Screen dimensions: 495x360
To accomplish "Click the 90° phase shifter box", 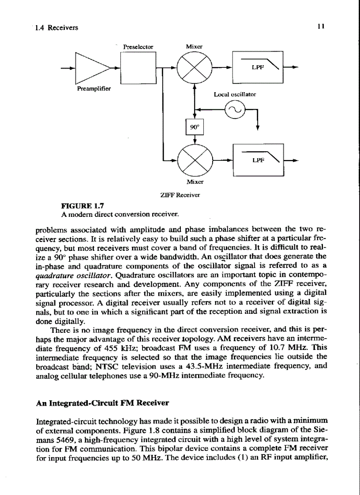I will [195, 128].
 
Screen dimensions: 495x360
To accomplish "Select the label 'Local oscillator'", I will [235, 94].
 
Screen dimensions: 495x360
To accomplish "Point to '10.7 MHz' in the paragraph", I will [307, 337].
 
